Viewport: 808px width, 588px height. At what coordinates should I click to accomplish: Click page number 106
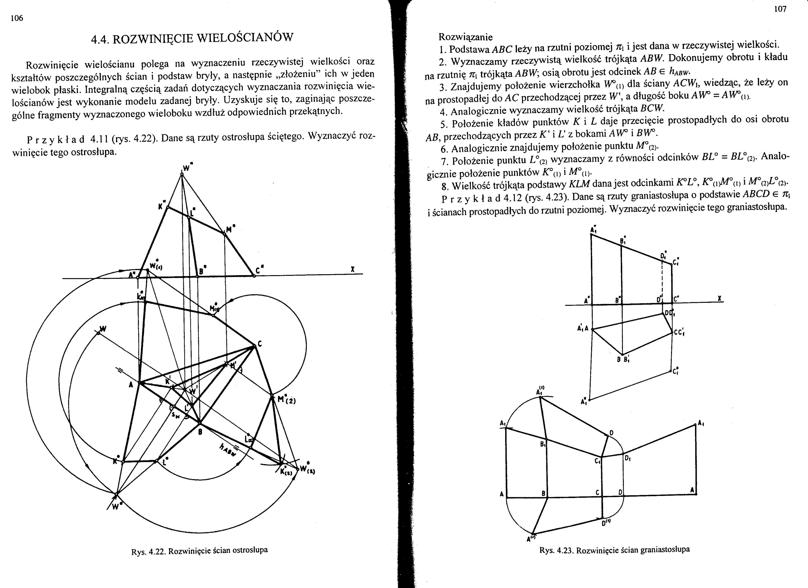tap(17, 19)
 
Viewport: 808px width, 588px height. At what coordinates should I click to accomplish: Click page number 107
tap(780, 10)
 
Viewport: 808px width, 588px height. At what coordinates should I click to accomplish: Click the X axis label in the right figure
tap(720, 299)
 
